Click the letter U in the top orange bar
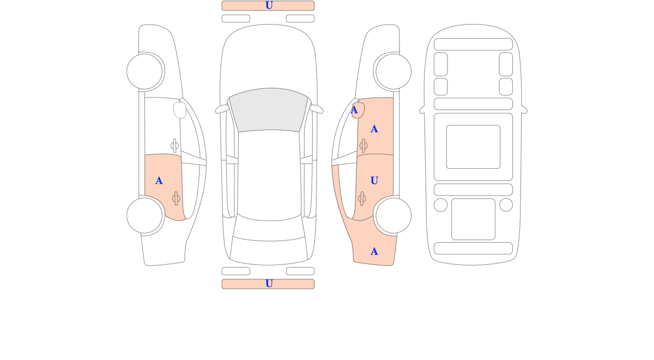point(269,5)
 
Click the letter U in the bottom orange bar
point(269,284)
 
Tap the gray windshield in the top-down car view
point(269,110)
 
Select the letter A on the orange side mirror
point(354,110)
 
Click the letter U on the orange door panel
point(374,181)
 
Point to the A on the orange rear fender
point(374,252)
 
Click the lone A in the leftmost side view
point(159,181)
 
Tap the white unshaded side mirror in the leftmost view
point(180,110)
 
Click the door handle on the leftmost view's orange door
point(176,199)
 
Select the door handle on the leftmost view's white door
point(174,145)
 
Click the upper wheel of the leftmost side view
point(144,71)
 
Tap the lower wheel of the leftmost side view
point(144,216)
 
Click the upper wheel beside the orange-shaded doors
point(393,71)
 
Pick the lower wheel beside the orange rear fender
point(393,216)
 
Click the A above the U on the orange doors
point(374,129)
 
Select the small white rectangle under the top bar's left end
point(236,19)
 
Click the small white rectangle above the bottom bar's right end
point(300,271)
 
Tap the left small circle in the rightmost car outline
point(440,205)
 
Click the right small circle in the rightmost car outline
point(506,205)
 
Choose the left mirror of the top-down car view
point(222,109)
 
